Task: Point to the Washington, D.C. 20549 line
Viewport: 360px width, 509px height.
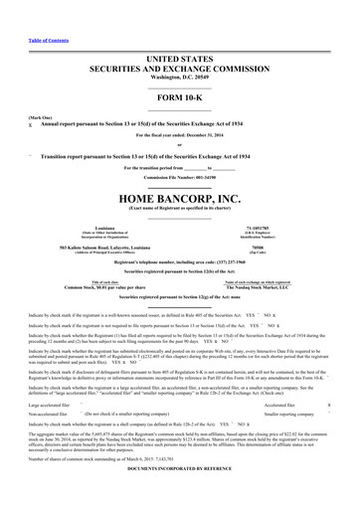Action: point(179,49)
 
